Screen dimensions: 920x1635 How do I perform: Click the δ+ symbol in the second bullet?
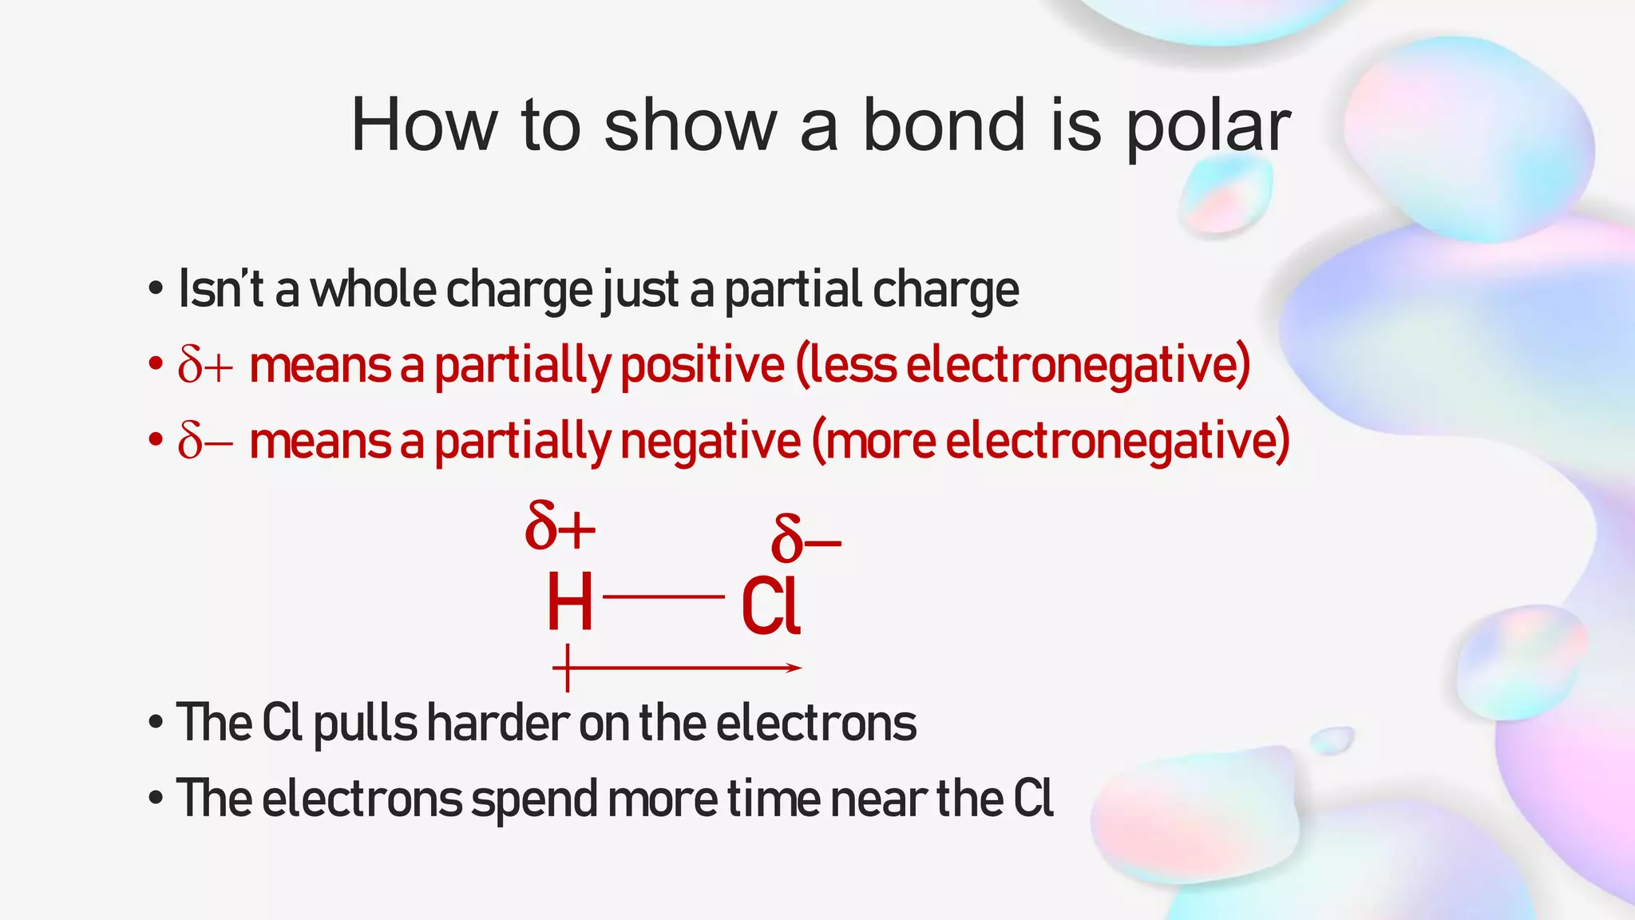205,366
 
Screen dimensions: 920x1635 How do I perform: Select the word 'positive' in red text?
703,366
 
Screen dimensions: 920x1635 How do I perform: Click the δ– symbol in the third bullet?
205,441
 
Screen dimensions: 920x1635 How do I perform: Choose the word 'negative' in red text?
710,441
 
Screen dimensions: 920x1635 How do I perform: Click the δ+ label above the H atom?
560,525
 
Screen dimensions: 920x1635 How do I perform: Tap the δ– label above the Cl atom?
805,539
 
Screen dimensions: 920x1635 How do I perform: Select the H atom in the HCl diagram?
569,603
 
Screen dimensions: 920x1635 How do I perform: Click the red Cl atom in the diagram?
770,607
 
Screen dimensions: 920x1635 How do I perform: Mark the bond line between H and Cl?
663,597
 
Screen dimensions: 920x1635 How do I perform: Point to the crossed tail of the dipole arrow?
567,668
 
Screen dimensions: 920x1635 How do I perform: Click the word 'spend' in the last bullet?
534,799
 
